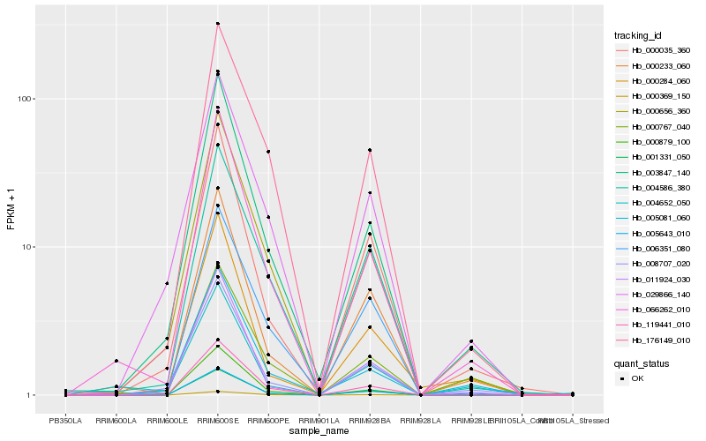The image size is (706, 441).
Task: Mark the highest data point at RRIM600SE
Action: [217, 24]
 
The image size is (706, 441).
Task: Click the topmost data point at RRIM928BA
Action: [370, 150]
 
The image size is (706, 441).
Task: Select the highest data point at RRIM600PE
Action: [268, 152]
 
